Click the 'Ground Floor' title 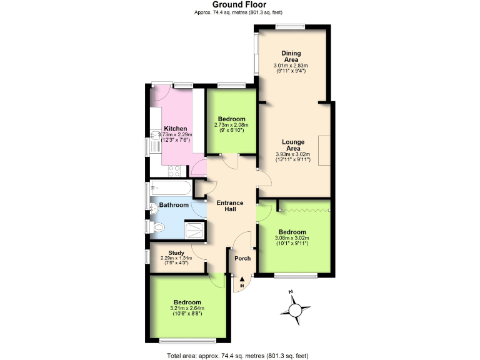(x=239, y=5)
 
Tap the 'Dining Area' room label (x=291, y=56)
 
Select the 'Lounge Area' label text (x=292, y=145)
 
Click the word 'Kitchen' (x=175, y=129)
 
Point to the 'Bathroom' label (x=173, y=205)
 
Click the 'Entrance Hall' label (x=229, y=206)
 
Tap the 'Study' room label (x=176, y=253)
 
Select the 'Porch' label (x=242, y=258)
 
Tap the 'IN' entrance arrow (x=242, y=282)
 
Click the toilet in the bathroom (x=157, y=227)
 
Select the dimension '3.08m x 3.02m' (x=291, y=237)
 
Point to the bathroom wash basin (x=154, y=207)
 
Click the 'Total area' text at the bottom (x=238, y=356)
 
